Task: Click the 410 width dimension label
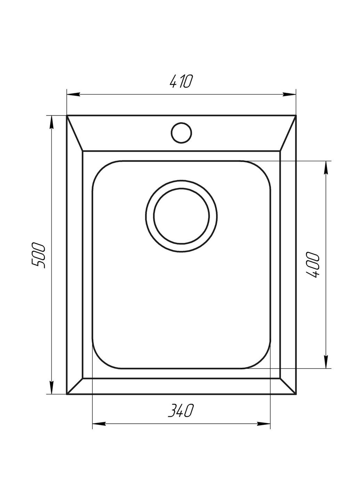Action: (181, 81)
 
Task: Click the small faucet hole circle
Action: (181, 132)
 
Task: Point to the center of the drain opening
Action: (181, 216)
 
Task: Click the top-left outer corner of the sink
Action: (67, 115)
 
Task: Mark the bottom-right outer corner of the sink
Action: (296, 394)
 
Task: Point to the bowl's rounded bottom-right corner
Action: (263, 360)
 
